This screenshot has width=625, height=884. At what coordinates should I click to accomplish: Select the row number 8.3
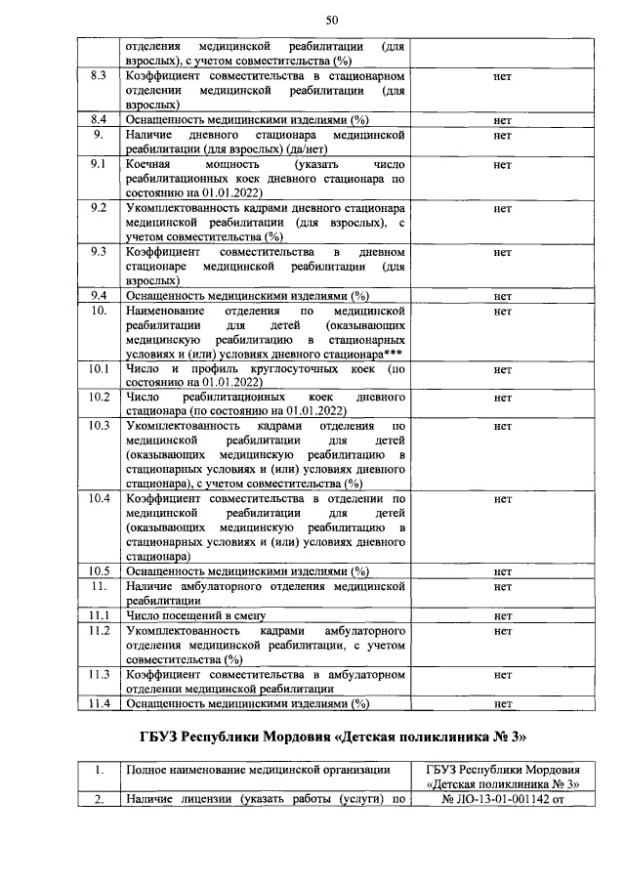coord(98,75)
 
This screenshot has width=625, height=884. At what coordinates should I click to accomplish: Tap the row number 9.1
coord(98,165)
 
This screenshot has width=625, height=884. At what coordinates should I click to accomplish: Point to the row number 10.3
coord(98,426)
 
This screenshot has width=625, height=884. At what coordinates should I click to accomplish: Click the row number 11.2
coord(98,632)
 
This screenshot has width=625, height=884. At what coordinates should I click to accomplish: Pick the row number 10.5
coord(98,571)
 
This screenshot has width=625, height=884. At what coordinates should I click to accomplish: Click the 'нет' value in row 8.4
coord(503,120)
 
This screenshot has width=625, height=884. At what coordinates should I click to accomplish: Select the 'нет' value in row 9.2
coord(503,209)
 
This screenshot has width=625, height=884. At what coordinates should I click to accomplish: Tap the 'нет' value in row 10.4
coord(503,499)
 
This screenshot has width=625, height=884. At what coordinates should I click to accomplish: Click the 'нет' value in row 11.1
coord(503,616)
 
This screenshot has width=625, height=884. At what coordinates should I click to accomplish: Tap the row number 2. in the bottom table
coord(98,800)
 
